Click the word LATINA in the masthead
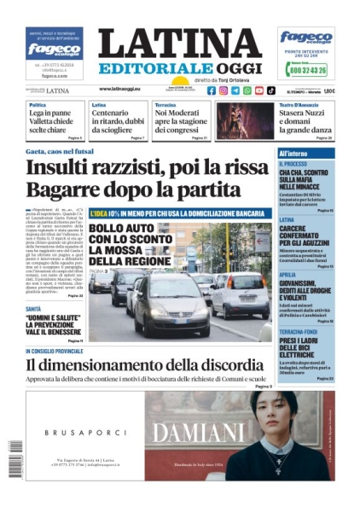pyautogui.click(x=179, y=44)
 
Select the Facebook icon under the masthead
pyautogui.click(x=212, y=90)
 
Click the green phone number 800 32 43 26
pyautogui.click(x=311, y=71)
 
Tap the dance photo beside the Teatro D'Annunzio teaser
pyautogui.click(x=245, y=119)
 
